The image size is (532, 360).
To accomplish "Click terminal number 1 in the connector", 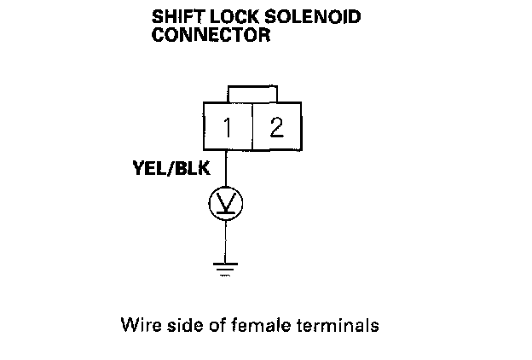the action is click(x=227, y=128).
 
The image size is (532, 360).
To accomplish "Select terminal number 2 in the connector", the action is click(x=275, y=128).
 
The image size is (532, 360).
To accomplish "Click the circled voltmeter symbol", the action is click(x=226, y=202).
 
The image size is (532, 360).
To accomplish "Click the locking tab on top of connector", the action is click(x=252, y=92).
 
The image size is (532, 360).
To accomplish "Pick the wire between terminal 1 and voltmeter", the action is click(x=226, y=171).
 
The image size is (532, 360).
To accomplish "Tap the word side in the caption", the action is click(x=178, y=325).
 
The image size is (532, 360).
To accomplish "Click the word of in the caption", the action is click(x=209, y=325).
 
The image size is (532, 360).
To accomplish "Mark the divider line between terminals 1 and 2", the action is click(x=252, y=128).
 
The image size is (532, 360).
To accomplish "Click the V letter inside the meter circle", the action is click(x=226, y=203).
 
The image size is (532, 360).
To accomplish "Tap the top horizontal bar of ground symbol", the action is click(x=226, y=264).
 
